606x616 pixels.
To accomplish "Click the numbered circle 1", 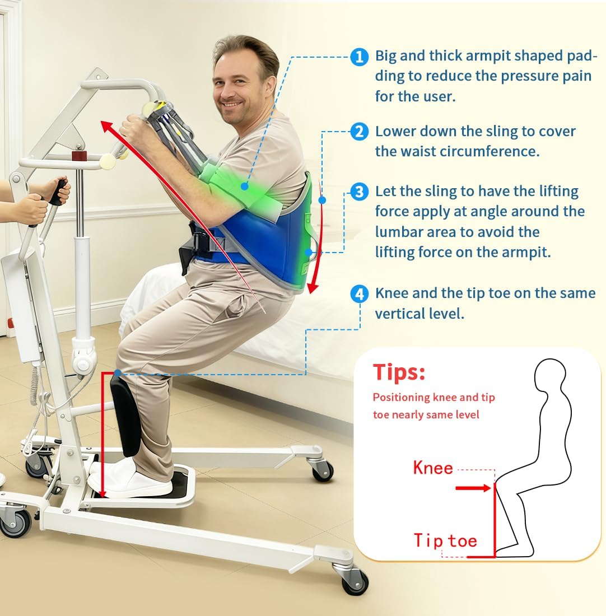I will coord(359,57).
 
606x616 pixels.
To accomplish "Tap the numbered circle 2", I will coord(359,132).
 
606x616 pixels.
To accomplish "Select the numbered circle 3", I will coord(359,192).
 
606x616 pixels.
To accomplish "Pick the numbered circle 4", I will coord(359,293).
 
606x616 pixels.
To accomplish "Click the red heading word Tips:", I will coord(399,373).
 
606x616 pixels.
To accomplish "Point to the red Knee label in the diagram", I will coord(432,468).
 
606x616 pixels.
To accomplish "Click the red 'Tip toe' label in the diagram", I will coord(445,541).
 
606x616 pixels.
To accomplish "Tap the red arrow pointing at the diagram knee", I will coord(473,488).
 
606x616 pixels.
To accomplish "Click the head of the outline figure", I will coord(553,383).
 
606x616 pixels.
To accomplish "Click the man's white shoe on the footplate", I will coord(134,482).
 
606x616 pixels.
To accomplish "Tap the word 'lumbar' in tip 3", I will coord(399,232).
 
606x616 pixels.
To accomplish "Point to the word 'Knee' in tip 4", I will coord(394,293).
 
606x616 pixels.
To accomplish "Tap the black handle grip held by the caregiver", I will coord(58,192).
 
